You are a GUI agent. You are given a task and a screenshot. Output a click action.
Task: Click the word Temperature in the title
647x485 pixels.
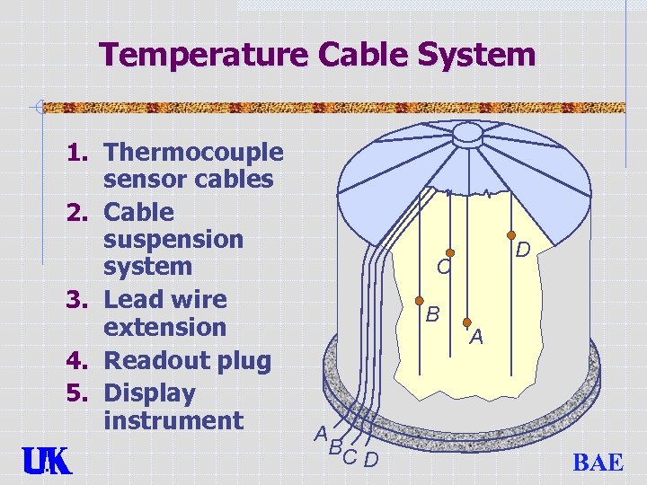coord(205,56)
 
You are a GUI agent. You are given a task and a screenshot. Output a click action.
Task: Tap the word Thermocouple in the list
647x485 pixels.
coord(193,154)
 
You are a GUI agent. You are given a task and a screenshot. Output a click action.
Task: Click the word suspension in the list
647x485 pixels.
coord(173,240)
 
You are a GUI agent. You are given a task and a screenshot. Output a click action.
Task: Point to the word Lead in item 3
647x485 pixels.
coord(133,300)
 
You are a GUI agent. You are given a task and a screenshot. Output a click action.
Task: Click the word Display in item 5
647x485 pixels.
coord(149,393)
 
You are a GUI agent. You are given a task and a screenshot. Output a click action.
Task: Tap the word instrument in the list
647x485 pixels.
coord(173,420)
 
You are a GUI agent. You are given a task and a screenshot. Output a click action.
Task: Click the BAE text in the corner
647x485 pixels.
coord(598,463)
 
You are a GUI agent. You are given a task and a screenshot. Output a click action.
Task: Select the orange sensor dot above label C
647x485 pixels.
coord(451,254)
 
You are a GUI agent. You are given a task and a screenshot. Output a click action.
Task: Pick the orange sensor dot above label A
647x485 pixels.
coord(467,321)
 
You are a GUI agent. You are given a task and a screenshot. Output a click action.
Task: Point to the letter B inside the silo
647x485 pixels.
coord(432,314)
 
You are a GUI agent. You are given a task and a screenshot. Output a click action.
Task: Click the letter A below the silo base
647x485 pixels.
coord(321,433)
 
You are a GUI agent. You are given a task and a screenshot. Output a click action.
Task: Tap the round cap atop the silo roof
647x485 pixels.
coord(469,133)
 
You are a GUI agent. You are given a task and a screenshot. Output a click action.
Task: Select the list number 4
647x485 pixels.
coord(76,362)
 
